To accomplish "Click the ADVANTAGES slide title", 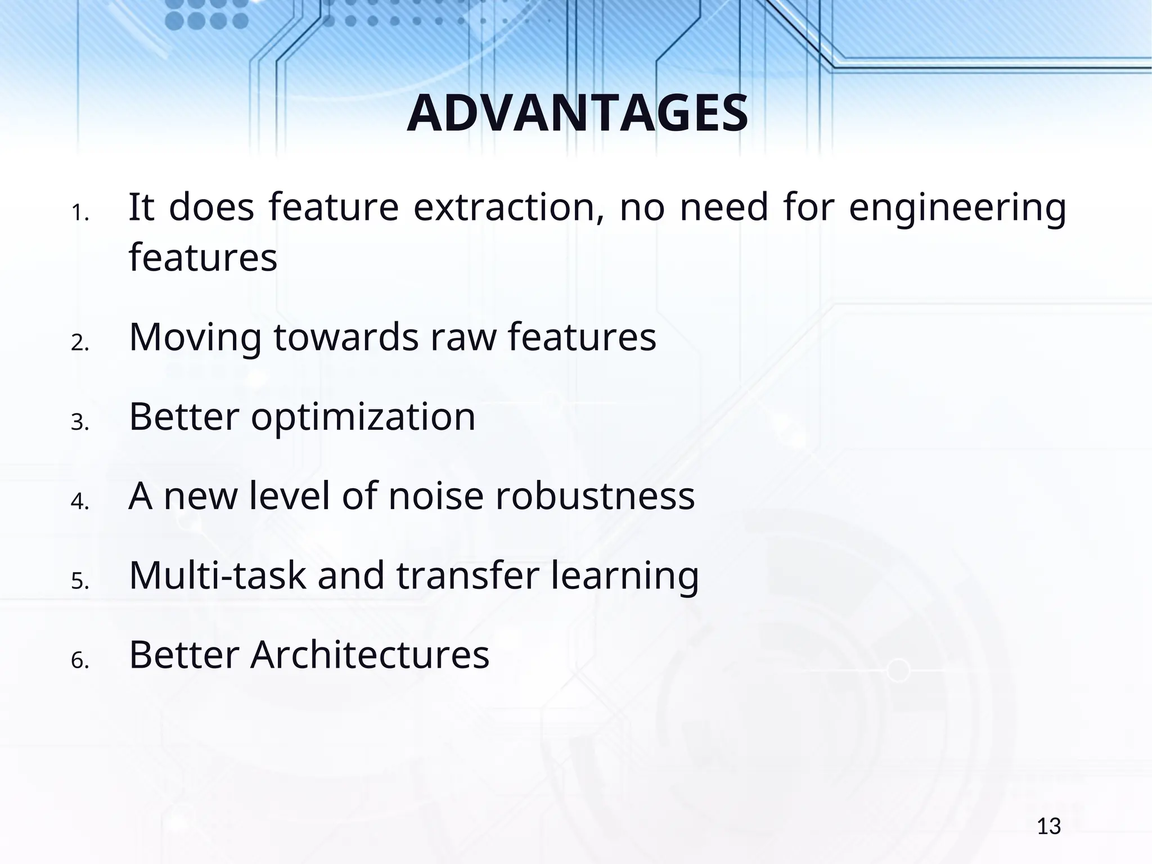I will (577, 114).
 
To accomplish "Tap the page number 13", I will (1048, 827).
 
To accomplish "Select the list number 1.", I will (80, 214).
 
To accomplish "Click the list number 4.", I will (80, 502).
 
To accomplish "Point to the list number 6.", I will (80, 661).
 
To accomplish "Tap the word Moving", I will (195, 339).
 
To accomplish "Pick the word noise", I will (435, 497).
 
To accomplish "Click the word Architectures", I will (370, 655).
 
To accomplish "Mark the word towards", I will (346, 338).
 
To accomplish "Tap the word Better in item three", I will (184, 417).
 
